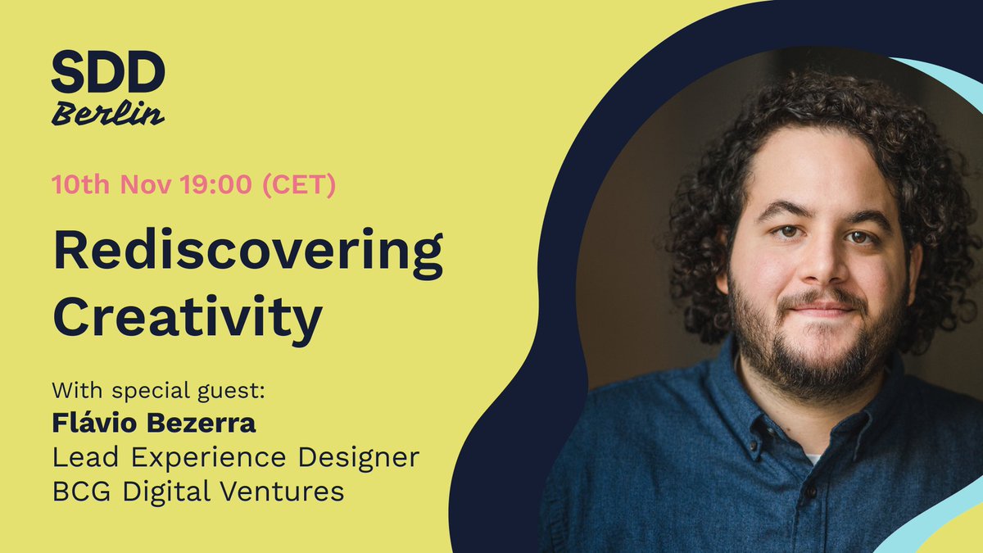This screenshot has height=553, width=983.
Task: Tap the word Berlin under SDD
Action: tap(107, 114)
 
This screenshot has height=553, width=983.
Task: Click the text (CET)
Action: tap(297, 185)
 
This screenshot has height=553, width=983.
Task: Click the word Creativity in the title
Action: tap(188, 317)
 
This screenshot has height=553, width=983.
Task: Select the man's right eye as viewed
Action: tap(859, 238)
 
